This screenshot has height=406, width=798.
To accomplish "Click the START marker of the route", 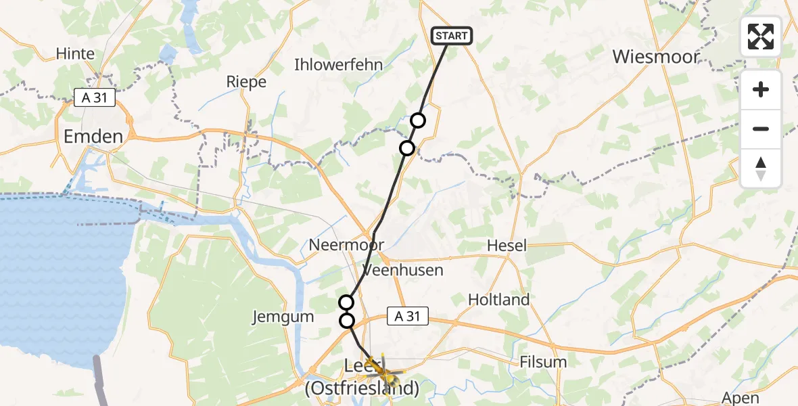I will pyautogui.click(x=452, y=36).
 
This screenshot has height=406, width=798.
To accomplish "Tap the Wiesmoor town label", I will pyautogui.click(x=655, y=57).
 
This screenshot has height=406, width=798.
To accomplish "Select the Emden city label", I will pyautogui.click(x=93, y=137).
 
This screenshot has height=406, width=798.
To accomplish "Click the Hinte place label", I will pyautogui.click(x=76, y=53).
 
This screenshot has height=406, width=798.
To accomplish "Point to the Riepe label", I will pyautogui.click(x=246, y=82).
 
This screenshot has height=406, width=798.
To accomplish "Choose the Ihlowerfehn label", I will pyautogui.click(x=338, y=65).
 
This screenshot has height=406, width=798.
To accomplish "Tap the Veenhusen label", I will pyautogui.click(x=403, y=270).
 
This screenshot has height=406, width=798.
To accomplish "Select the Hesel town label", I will pyautogui.click(x=507, y=246).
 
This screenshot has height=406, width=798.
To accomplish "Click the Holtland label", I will pyautogui.click(x=499, y=299).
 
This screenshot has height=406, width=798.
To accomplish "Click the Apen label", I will pyautogui.click(x=740, y=398).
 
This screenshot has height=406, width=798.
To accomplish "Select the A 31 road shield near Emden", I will pyautogui.click(x=95, y=99).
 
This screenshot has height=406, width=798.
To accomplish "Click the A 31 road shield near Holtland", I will pyautogui.click(x=408, y=315).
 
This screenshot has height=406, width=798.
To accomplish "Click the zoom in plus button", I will pyautogui.click(x=761, y=89).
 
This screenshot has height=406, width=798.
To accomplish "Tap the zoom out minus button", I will pyautogui.click(x=761, y=129).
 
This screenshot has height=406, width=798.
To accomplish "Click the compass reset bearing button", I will pyautogui.click(x=761, y=168).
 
